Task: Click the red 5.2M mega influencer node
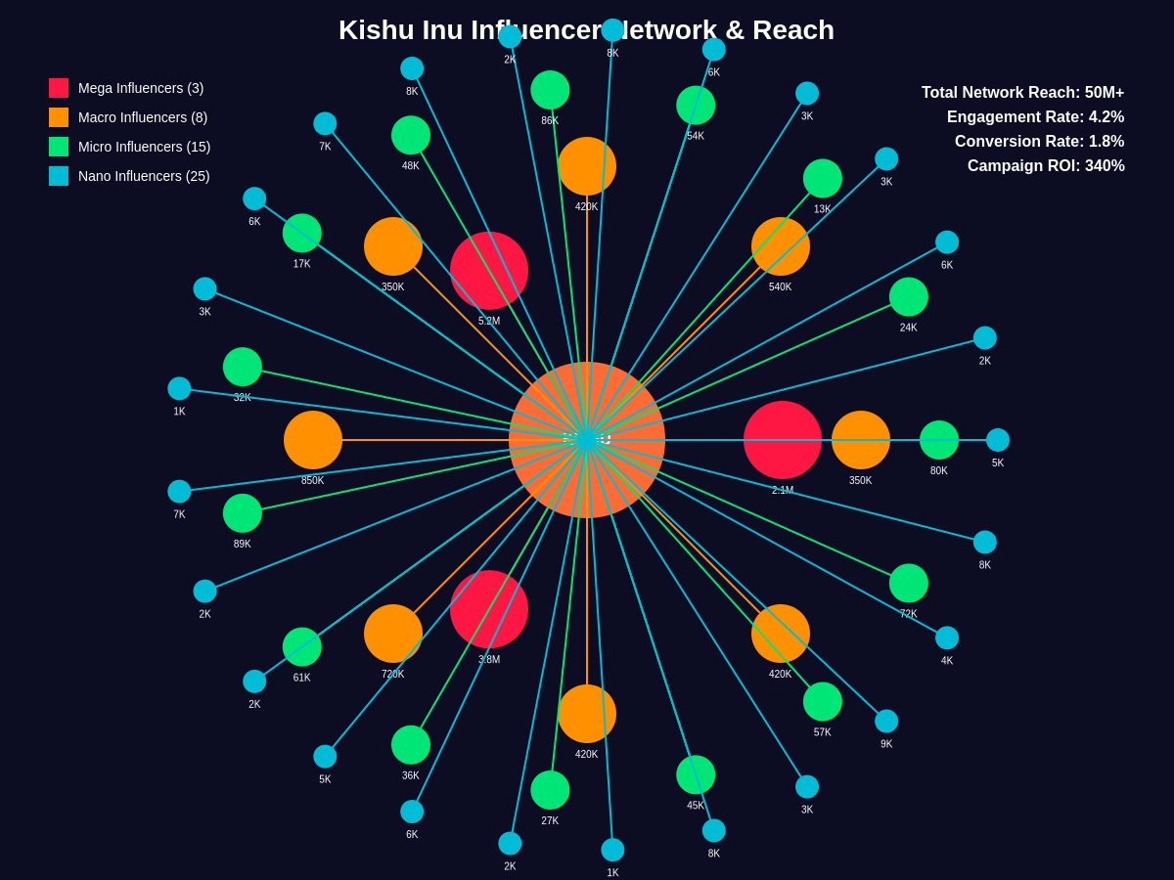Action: point(489,271)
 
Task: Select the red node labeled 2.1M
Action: point(783,440)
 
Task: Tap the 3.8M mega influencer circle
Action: point(489,609)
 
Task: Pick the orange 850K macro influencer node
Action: point(313,440)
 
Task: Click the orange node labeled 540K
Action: point(781,246)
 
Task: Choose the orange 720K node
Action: point(393,634)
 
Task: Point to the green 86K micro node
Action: point(550,90)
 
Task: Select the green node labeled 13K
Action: point(823,178)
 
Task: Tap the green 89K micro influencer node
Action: point(243,513)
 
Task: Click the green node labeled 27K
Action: point(550,790)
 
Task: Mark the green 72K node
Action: point(909,583)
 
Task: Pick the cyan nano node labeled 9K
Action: point(886,722)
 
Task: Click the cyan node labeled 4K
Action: point(947,638)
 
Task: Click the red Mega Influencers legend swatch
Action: point(59,88)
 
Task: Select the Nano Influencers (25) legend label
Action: point(144,176)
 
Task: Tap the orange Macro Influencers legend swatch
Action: point(59,117)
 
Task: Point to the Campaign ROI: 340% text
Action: point(1046,166)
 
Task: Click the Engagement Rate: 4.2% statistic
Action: point(1035,117)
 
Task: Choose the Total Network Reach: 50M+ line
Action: point(1022,93)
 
